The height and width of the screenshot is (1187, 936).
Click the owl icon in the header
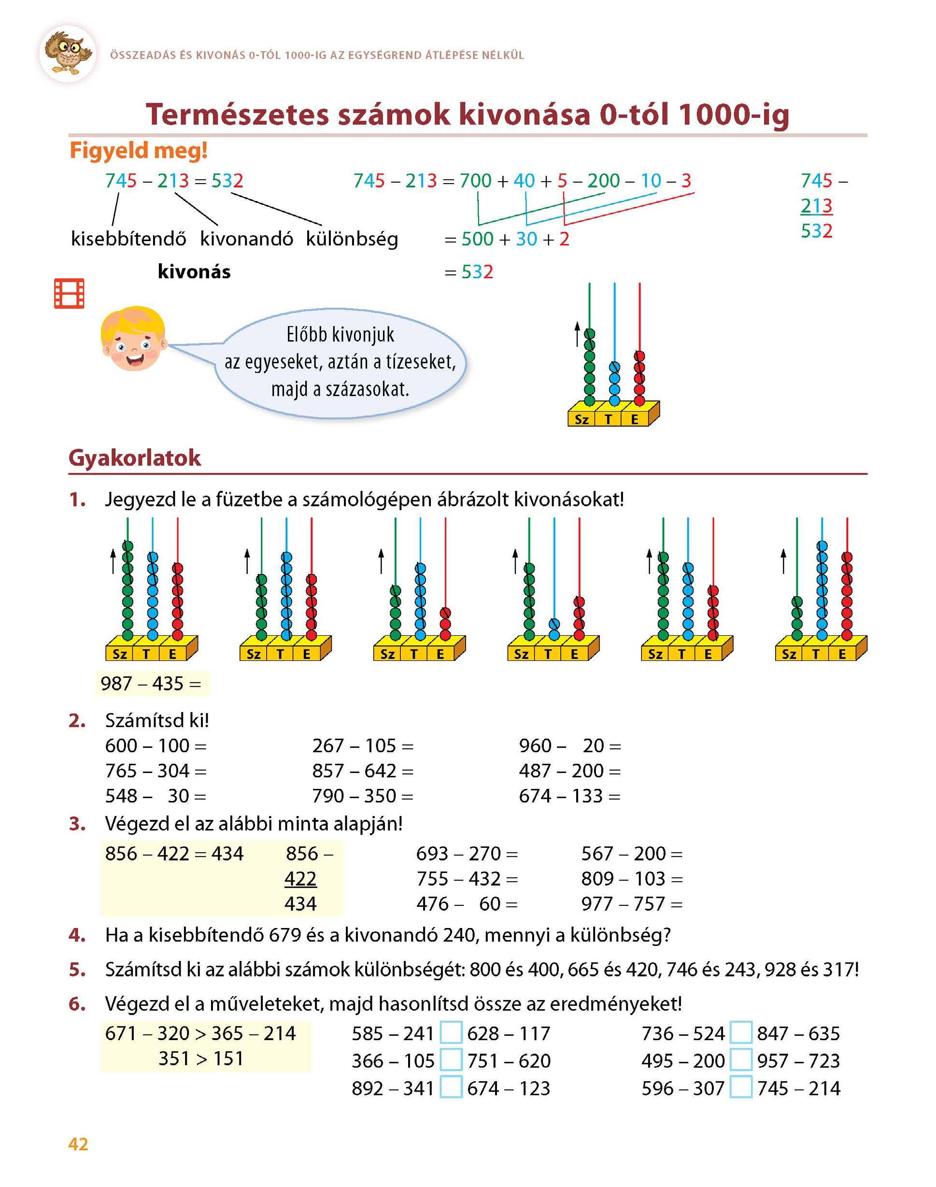[68, 53]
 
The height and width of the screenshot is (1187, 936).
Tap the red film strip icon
[69, 293]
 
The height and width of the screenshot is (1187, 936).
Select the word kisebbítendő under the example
[128, 240]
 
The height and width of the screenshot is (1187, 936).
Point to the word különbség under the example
[352, 240]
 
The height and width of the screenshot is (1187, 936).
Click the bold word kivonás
[194, 272]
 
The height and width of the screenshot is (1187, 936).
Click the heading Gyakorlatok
[135, 458]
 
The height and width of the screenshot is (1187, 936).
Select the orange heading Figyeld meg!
[139, 150]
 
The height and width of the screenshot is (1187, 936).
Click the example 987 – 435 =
[151, 684]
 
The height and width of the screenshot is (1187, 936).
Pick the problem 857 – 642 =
[363, 771]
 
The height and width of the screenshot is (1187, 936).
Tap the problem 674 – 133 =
[569, 796]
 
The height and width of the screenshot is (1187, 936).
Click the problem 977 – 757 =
[632, 904]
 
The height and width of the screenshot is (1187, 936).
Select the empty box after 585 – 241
[451, 1033]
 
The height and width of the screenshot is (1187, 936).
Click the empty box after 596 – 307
[741, 1088]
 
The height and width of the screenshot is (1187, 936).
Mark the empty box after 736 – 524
[741, 1033]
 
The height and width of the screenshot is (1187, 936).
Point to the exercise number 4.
[77, 935]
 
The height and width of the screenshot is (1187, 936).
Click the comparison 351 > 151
[200, 1058]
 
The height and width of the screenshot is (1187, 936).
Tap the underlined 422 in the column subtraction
[300, 878]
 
